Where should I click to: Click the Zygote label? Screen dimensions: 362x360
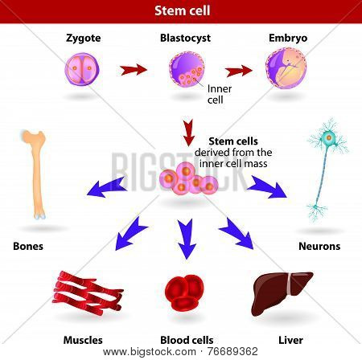coord(84,39)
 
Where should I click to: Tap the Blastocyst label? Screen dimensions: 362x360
coord(185,38)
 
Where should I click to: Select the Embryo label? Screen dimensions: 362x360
coord(288,38)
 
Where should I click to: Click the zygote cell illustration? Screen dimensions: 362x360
coord(82,69)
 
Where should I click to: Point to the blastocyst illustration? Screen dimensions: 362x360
coord(187,69)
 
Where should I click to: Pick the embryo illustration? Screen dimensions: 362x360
coord(286,68)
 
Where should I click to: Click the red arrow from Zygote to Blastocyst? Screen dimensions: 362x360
coord(134,70)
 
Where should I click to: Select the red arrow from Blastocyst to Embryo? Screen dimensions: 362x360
coord(239,71)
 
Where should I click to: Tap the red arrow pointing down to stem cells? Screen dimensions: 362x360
coord(189,133)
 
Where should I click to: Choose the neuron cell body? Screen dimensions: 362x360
coord(328,137)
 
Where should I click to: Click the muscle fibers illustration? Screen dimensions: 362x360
coord(88,292)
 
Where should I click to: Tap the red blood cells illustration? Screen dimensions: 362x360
coord(184,292)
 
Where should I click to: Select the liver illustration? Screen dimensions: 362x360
coord(282,293)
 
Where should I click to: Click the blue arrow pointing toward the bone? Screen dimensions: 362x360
coord(107,187)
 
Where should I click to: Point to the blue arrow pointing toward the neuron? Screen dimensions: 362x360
coord(267,186)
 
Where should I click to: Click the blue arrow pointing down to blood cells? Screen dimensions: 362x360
coord(187,239)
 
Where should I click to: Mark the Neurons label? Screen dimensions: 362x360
coord(319,246)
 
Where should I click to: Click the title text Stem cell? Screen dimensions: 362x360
coord(183,10)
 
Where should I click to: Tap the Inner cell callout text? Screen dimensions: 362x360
coord(220,94)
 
